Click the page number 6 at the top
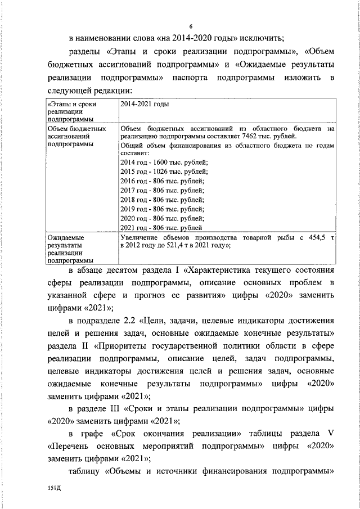191,26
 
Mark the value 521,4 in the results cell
173,245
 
